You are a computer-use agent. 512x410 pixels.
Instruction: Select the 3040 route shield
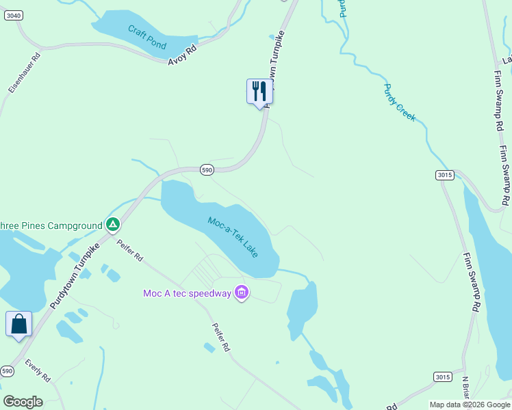click(x=12, y=15)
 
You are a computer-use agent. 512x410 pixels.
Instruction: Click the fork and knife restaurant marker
click(x=259, y=90)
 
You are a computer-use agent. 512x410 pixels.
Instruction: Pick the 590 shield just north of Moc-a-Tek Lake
click(x=207, y=169)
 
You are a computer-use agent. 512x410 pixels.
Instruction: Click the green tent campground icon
click(x=113, y=224)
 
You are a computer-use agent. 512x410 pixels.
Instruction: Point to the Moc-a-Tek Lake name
click(x=233, y=236)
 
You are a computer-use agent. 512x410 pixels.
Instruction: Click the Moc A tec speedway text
click(x=187, y=294)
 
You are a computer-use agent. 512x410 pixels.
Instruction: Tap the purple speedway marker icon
click(x=241, y=293)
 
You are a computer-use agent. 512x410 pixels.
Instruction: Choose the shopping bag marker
click(x=18, y=324)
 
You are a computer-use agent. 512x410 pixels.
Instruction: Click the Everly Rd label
click(x=38, y=370)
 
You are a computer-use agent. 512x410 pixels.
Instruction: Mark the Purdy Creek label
click(x=400, y=102)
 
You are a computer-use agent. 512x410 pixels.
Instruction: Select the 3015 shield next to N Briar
click(x=443, y=377)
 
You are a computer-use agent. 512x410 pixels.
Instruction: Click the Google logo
click(x=23, y=402)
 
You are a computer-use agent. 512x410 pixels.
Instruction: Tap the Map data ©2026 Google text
click(x=469, y=405)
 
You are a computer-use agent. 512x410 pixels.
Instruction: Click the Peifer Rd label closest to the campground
click(x=129, y=250)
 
